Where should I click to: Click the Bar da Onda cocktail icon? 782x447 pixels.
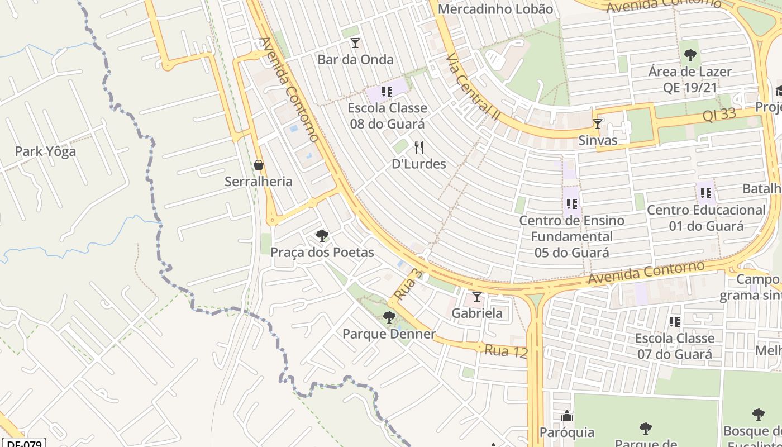(355, 43)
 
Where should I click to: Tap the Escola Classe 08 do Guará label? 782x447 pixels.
(388, 116)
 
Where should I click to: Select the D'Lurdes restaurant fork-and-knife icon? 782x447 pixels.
(419, 148)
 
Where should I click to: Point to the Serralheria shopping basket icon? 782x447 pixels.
(259, 165)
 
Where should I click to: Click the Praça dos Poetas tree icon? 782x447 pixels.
(322, 236)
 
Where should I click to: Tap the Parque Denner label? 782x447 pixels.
(389, 334)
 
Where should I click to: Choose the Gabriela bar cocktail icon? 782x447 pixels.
(477, 297)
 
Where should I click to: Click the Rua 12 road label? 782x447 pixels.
(506, 351)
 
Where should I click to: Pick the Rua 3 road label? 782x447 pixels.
(407, 283)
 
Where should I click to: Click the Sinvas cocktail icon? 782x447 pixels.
(598, 124)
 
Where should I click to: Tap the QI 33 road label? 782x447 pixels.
(727, 115)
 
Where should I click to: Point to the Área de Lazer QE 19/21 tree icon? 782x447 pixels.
(690, 55)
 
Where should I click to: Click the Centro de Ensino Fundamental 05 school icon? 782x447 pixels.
(571, 204)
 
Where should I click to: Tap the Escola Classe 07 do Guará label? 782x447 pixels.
(675, 346)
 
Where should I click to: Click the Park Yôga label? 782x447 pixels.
(45, 151)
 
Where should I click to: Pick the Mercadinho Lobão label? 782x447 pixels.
(495, 9)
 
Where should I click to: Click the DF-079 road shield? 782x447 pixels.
(23, 444)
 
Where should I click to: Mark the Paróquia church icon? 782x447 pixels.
(567, 416)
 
